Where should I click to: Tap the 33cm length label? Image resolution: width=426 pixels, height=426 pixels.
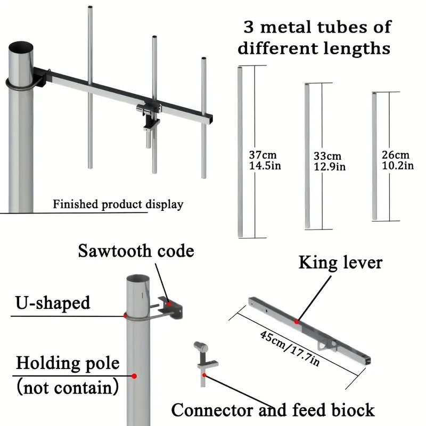327,156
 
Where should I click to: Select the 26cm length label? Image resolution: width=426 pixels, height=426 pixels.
396,155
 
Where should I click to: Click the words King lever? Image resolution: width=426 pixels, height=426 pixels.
340,263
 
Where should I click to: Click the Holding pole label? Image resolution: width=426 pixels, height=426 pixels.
67,364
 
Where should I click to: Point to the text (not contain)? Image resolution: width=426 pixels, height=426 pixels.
67,387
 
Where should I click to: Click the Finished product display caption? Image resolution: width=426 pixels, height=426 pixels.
118,204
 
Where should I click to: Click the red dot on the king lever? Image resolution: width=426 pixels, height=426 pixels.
297,321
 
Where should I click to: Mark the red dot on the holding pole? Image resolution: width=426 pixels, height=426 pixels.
134,376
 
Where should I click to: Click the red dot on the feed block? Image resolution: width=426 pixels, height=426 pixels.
204,375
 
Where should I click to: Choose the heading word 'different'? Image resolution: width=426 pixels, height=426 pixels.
277,48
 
